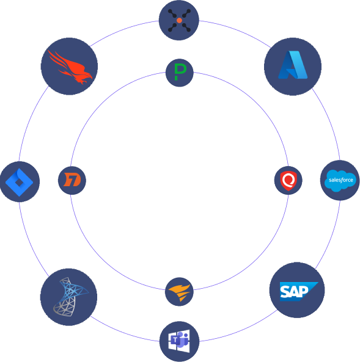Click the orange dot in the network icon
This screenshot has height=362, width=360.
[179, 20]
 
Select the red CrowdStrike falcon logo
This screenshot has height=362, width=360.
[70, 67]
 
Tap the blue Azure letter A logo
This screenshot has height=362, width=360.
[293, 65]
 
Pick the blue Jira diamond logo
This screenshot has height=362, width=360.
[19, 183]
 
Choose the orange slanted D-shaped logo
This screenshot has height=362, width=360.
[72, 179]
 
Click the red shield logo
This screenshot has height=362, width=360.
[288, 181]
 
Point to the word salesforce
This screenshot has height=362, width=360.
[341, 180]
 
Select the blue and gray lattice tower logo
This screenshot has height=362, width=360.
[70, 297]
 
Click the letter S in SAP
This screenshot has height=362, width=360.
[284, 291]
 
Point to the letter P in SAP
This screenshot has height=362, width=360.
[304, 291]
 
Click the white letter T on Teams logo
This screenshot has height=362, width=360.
[175, 340]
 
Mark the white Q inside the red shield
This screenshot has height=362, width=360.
[288, 179]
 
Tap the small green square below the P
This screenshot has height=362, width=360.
[176, 78]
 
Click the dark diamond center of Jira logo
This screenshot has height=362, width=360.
[19, 183]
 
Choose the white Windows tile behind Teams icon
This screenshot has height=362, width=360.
[179, 341]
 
